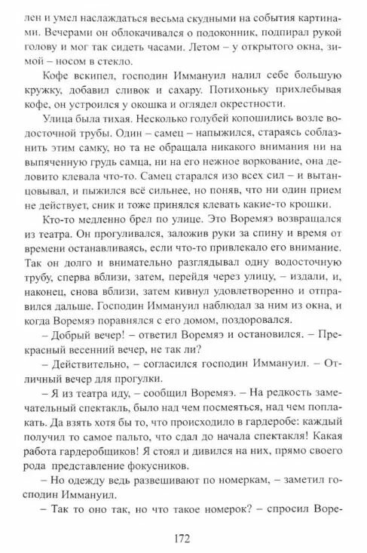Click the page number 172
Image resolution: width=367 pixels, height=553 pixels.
[x=181, y=538]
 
